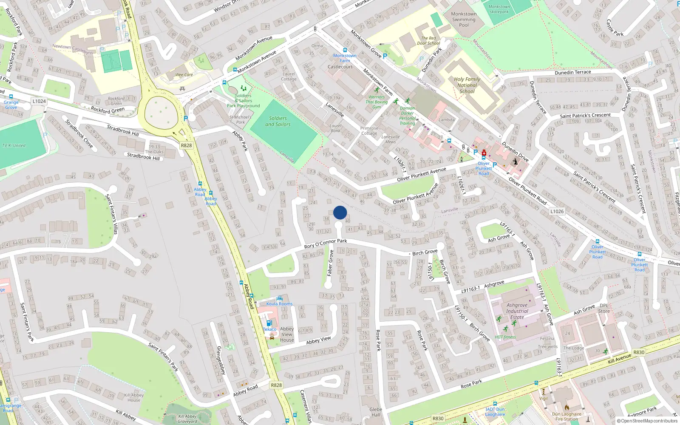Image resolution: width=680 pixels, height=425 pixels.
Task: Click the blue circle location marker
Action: click(x=340, y=212)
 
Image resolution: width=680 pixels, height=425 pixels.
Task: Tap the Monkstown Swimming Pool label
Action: click(x=464, y=19)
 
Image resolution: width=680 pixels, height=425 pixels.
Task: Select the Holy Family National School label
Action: click(x=467, y=85)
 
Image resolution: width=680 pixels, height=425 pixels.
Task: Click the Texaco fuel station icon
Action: click(x=269, y=323)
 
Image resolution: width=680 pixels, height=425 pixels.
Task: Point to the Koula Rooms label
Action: click(x=279, y=303)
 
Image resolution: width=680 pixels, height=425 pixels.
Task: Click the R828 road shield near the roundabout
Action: click(x=186, y=145)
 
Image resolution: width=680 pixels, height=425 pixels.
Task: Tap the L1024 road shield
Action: click(x=39, y=101)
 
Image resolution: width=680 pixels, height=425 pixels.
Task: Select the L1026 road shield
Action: click(x=557, y=211)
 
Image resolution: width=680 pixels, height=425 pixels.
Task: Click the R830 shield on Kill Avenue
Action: click(x=639, y=352)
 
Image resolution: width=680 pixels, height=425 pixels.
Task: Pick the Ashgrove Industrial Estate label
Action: click(x=517, y=311)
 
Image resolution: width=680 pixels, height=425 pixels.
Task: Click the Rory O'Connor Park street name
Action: click(x=326, y=244)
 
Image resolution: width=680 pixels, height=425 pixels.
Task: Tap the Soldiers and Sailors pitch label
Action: click(x=278, y=121)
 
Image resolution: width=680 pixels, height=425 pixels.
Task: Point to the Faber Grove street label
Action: click(x=330, y=263)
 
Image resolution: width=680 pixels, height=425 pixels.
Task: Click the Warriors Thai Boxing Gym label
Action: click(x=377, y=102)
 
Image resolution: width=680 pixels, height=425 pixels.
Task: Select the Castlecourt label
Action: click(x=340, y=67)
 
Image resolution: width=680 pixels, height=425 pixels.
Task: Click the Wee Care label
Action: click(x=184, y=75)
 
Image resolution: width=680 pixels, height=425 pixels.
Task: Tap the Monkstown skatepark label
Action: click(x=499, y=9)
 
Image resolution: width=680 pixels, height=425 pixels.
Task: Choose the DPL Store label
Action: click(x=604, y=308)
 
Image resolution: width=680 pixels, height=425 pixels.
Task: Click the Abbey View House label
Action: click(x=287, y=334)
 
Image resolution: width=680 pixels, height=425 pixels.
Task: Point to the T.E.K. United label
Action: click(x=14, y=145)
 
